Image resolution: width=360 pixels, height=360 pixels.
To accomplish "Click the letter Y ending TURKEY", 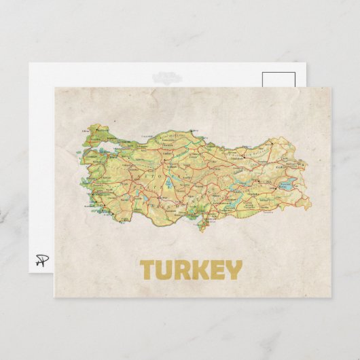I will point(232,270).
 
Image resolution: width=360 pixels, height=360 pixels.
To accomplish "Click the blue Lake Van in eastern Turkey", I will point(286,183).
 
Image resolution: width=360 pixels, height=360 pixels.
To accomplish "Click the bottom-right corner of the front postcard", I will point(331,297).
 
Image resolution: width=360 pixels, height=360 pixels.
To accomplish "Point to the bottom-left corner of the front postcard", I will point(54,297).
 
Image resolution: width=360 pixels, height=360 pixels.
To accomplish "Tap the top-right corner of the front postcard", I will point(331,87).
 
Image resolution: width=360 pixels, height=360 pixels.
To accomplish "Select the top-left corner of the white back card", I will point(29,63).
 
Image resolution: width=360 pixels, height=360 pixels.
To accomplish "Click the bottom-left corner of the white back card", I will point(29,272).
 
